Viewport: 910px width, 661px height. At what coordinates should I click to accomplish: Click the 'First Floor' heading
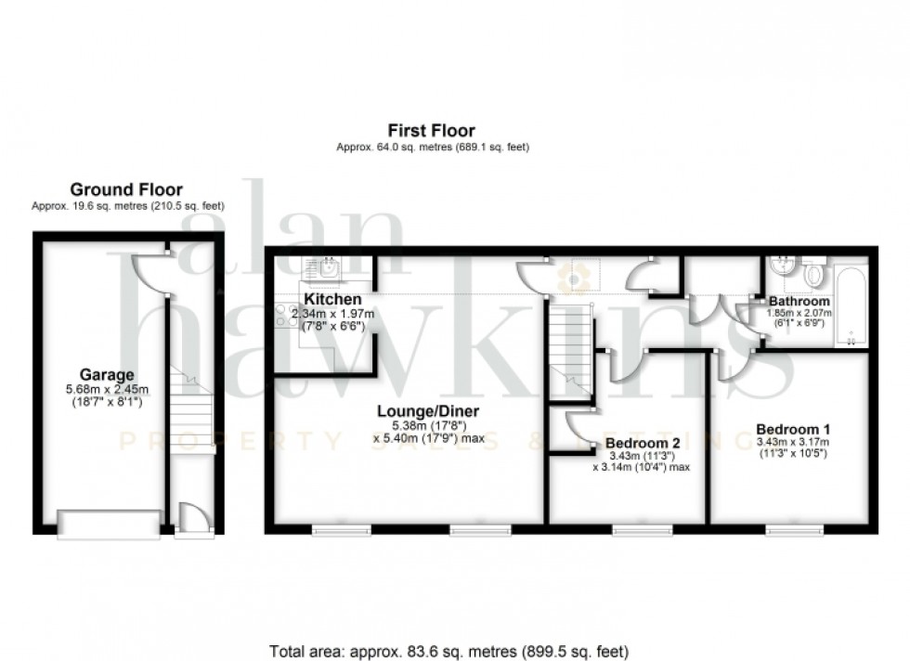pyautogui.click(x=432, y=131)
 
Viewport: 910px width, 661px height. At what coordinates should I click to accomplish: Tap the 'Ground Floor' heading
pyautogui.click(x=127, y=190)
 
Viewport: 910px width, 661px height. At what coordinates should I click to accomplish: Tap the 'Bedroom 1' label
pyautogui.click(x=792, y=429)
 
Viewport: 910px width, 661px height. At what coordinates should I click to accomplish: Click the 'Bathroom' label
pyautogui.click(x=799, y=302)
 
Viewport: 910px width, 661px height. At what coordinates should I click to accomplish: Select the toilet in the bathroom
pyautogui.click(x=814, y=275)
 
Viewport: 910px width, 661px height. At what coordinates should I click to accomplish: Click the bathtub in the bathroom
pyautogui.click(x=852, y=305)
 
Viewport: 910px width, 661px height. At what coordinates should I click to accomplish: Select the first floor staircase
pyautogui.click(x=567, y=353)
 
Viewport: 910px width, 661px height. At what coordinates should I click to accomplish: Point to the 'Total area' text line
pyautogui.click(x=449, y=650)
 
